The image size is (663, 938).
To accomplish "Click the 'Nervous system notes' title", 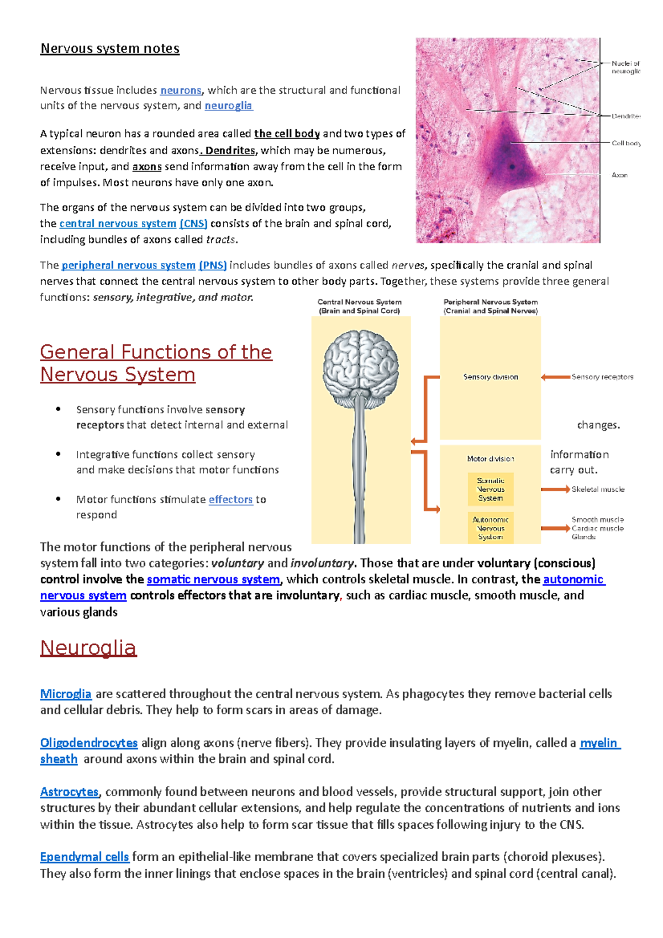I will click(x=110, y=49).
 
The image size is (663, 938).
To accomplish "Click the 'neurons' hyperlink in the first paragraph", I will click(x=181, y=90).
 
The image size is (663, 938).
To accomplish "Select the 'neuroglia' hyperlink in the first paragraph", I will click(x=228, y=106).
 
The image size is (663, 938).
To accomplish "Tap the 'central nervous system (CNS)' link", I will click(x=133, y=223).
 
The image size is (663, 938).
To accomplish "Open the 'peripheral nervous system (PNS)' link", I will click(x=144, y=265).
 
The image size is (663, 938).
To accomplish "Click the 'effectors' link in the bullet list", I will click(x=230, y=499).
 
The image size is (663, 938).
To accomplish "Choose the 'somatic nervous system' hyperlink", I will click(x=213, y=579).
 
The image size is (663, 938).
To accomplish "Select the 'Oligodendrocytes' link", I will click(x=88, y=742).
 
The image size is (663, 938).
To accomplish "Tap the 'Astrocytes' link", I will click(x=69, y=792).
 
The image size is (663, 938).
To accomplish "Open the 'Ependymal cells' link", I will click(x=84, y=857).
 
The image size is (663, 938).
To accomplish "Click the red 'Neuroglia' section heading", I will click(x=88, y=647).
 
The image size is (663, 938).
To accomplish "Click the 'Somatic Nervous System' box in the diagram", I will click(x=491, y=489).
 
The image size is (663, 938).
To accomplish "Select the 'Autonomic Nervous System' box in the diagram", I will click(x=491, y=528).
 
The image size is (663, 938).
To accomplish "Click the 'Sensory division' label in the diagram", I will click(x=491, y=377).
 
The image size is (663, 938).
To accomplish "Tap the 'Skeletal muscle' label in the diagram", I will click(x=598, y=489).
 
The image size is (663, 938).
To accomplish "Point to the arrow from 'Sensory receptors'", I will click(x=555, y=377).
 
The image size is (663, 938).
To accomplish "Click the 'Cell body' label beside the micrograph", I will click(x=626, y=143).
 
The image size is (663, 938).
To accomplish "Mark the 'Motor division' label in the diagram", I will click(x=491, y=459).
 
